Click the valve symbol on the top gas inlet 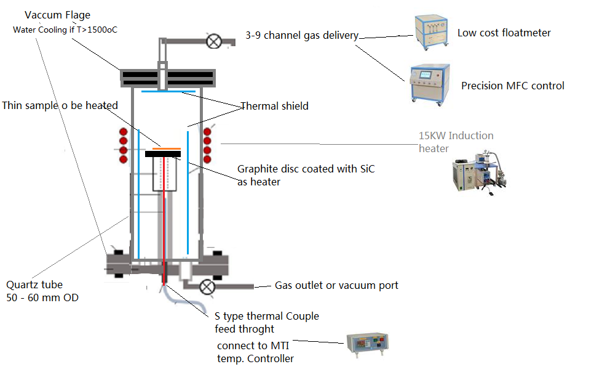[x=214, y=42]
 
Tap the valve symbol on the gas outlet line [x=207, y=286]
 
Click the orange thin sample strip [x=166, y=148]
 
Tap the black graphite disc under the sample [x=166, y=154]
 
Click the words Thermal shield [x=274, y=106]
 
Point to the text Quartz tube [x=34, y=285]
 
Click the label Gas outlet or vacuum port [x=336, y=285]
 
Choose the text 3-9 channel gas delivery [x=301, y=35]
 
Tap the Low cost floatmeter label [x=504, y=33]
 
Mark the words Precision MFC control [x=513, y=86]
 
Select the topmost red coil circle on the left [x=123, y=132]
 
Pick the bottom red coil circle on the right [x=207, y=160]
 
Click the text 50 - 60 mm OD [x=42, y=298]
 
